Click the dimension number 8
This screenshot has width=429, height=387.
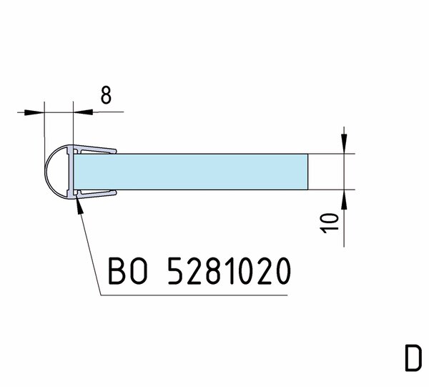point(106,95)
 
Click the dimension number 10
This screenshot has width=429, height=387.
point(330,223)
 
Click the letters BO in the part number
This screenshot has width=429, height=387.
point(128,270)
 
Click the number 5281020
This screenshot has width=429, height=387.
point(229,270)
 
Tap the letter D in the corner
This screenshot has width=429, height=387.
point(413,358)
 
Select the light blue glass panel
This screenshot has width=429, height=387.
point(191,172)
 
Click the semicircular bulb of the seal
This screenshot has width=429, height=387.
point(56,172)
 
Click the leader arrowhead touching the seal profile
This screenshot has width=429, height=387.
point(79,207)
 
